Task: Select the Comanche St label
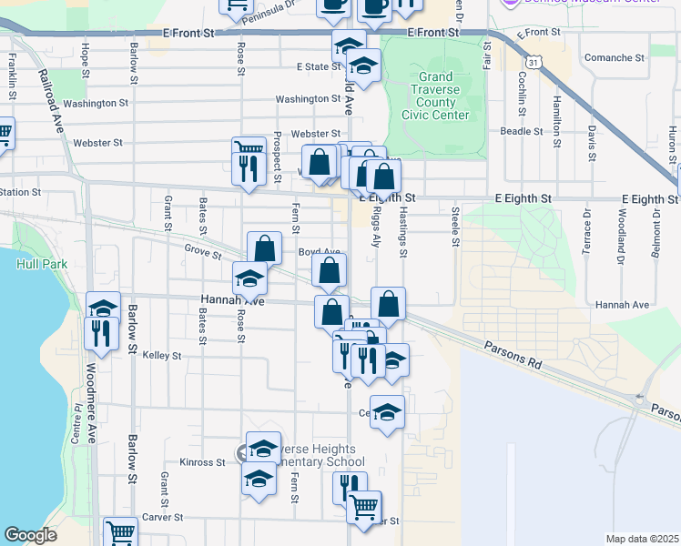(x=615, y=57)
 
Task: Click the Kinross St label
(x=202, y=462)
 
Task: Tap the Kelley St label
(x=164, y=356)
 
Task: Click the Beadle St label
(x=522, y=131)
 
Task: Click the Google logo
(x=31, y=534)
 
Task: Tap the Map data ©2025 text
(x=642, y=539)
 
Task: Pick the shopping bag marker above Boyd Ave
(x=264, y=248)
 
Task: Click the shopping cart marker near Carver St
(x=364, y=506)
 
